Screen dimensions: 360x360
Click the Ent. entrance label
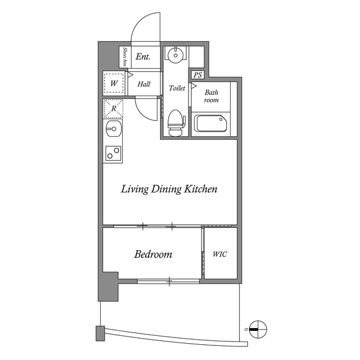click(143, 56)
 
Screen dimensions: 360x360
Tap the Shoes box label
click(125, 57)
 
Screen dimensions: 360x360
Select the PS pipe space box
click(197, 75)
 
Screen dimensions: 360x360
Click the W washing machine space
click(114, 83)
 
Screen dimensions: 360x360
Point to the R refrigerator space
click(114, 109)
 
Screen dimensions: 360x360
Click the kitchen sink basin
click(114, 129)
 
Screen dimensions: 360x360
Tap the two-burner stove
click(114, 153)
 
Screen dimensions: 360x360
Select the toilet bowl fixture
click(177, 123)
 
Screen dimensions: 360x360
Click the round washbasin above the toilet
click(175, 55)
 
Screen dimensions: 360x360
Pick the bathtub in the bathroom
click(211, 124)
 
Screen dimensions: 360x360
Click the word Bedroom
click(153, 254)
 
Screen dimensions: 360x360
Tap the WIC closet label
click(220, 254)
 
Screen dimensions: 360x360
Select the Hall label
click(144, 84)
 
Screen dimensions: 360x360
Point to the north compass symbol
click(258, 329)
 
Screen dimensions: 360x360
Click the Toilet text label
click(177, 88)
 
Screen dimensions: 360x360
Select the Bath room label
click(211, 96)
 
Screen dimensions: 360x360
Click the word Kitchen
click(201, 189)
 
